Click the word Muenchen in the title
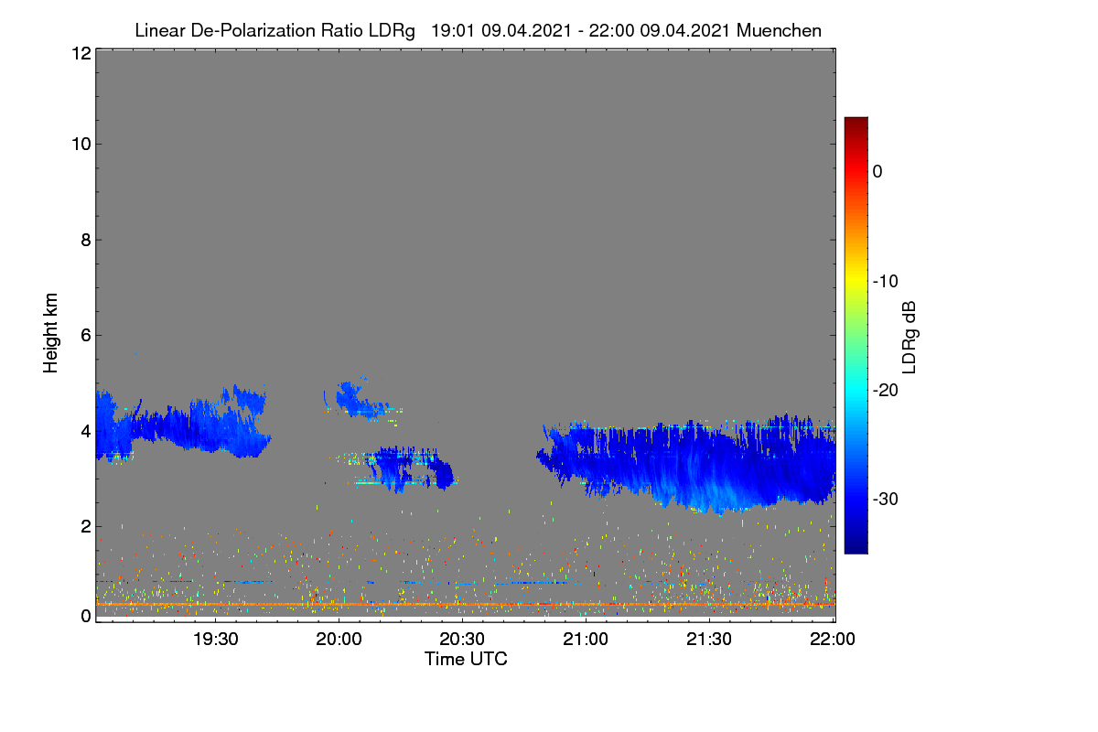[x=779, y=31]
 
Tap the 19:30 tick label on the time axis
[x=215, y=639]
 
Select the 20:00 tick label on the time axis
[x=339, y=639]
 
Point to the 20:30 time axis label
[x=462, y=639]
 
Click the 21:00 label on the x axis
[x=586, y=639]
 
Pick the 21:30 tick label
[x=709, y=639]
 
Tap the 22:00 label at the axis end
[x=833, y=639]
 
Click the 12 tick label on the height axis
[x=81, y=53]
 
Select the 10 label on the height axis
[x=81, y=145]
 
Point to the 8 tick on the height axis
[x=86, y=240]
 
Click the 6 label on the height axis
[x=86, y=336]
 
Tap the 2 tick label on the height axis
[x=86, y=526]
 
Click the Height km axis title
[x=50, y=333]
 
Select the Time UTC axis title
[x=466, y=659]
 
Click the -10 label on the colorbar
[x=886, y=282]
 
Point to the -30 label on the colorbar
[x=886, y=499]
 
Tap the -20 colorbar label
[x=886, y=391]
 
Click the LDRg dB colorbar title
[x=910, y=338]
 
